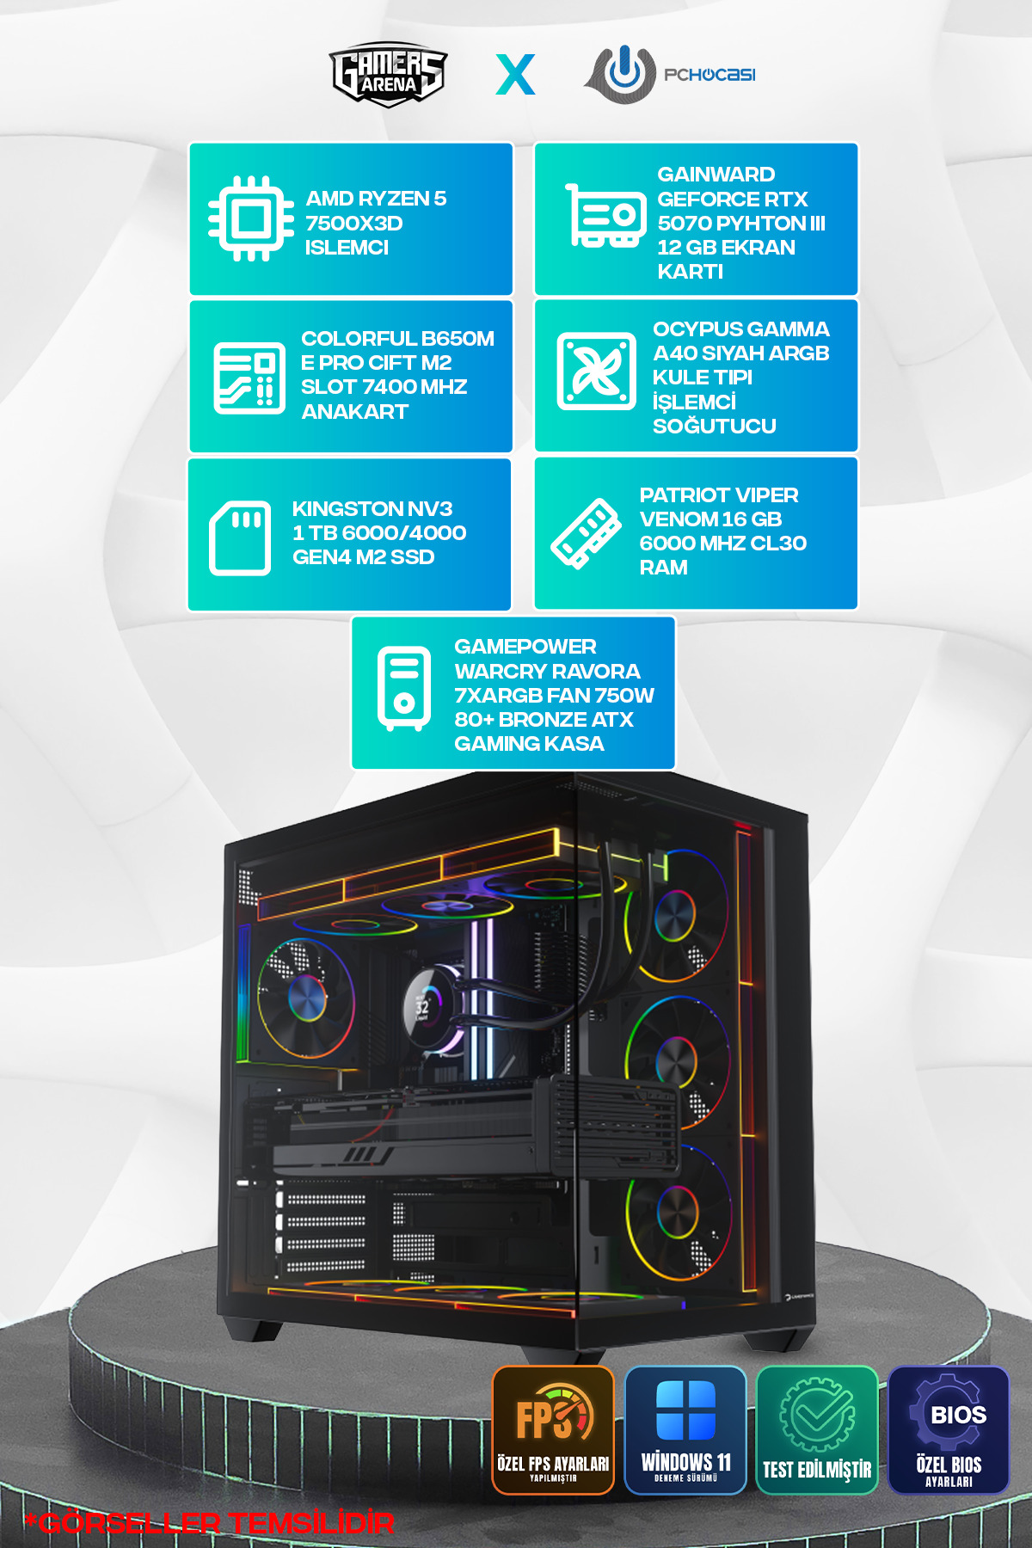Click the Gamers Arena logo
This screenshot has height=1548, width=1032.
coord(388,74)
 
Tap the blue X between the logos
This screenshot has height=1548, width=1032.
coord(515,75)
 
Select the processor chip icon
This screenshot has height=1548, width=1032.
coord(251,218)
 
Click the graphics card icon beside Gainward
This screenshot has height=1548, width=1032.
coord(605,215)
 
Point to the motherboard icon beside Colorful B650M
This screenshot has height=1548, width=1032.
coord(249,378)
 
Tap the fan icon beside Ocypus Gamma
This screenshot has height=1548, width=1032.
coord(597,372)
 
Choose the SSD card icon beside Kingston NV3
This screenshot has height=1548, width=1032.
coord(240,537)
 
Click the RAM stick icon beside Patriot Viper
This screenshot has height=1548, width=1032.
coord(586,533)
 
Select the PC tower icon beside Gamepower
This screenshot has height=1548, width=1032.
coord(404,688)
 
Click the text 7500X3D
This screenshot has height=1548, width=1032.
coord(354,223)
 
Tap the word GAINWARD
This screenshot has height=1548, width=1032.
coord(716,175)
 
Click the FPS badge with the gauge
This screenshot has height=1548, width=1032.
coord(553,1430)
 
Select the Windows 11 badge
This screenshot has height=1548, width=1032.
coord(685,1430)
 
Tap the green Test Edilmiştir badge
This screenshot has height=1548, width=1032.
coord(817,1430)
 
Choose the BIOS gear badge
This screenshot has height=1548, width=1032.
coord(949,1430)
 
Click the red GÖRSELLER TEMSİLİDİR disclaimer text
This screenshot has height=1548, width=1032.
coord(209,1524)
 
